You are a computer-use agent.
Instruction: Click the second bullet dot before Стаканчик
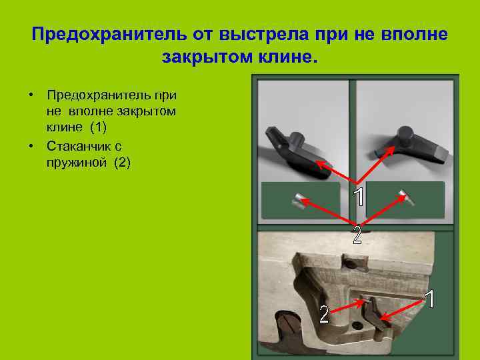pos(31,145)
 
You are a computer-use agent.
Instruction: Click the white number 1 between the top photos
pos(359,197)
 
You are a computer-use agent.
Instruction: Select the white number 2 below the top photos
pos(357,235)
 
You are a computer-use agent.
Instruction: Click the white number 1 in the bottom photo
pos(431,299)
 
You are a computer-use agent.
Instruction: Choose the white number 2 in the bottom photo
pos(324,314)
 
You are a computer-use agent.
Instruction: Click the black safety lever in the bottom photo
pos(374,313)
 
